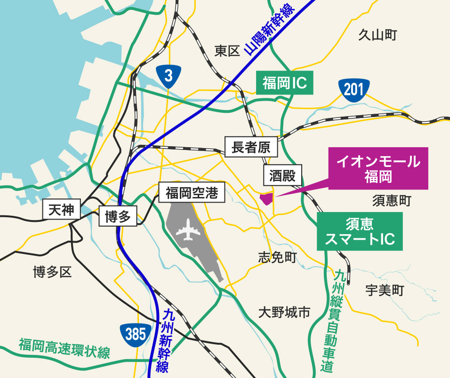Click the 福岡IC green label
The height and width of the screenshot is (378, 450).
(x=285, y=83)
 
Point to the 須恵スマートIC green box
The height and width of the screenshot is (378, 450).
(x=360, y=231)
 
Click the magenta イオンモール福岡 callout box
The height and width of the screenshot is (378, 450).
(x=378, y=168)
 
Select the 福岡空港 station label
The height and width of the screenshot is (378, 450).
(x=192, y=193)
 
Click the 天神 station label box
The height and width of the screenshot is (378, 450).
(x=62, y=209)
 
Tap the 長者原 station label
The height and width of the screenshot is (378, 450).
(x=251, y=148)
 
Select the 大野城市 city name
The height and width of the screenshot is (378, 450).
(x=284, y=312)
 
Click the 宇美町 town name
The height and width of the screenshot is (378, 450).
(x=385, y=291)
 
